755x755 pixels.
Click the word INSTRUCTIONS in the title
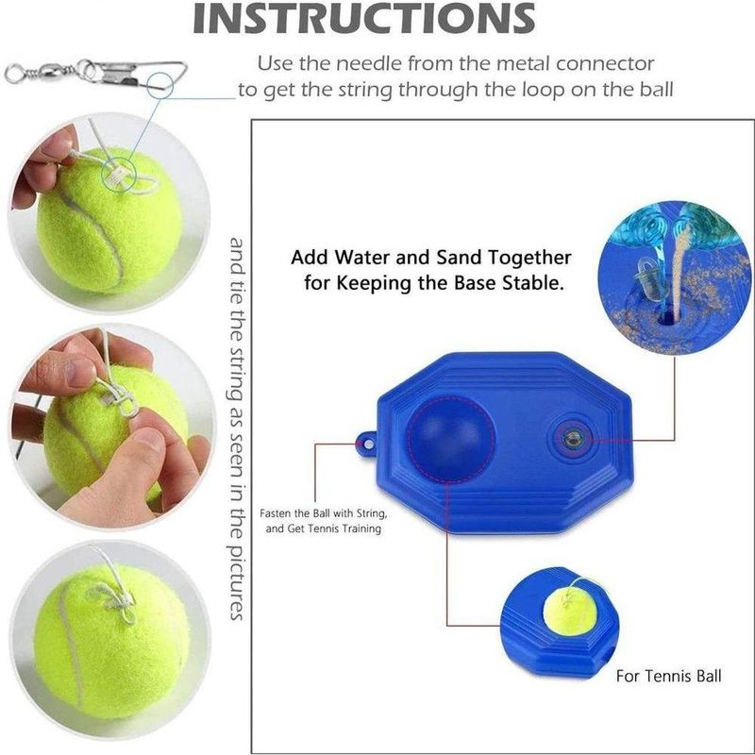tap(363, 17)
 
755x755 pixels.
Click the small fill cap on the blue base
tap(573, 439)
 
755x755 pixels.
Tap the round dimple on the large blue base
tap(451, 438)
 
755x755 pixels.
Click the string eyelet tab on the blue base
tap(366, 442)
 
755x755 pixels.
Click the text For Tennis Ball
tap(669, 676)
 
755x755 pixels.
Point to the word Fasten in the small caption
tap(277, 513)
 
